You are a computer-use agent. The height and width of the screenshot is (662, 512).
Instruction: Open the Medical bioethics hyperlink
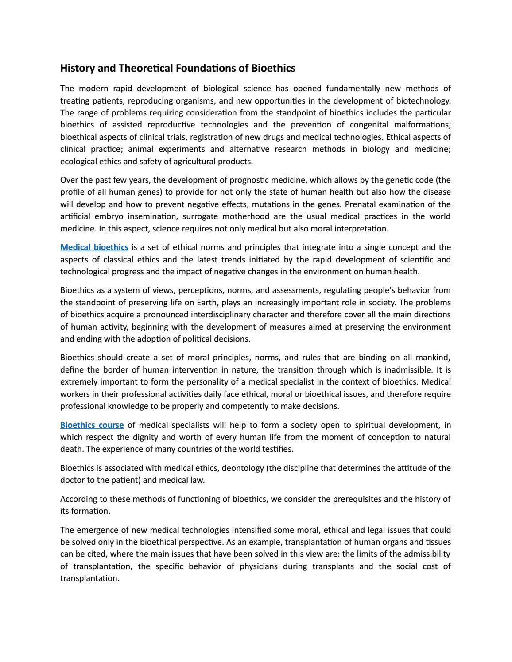pyautogui.click(x=94, y=247)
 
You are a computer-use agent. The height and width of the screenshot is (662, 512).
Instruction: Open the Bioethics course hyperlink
pyautogui.click(x=92, y=425)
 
